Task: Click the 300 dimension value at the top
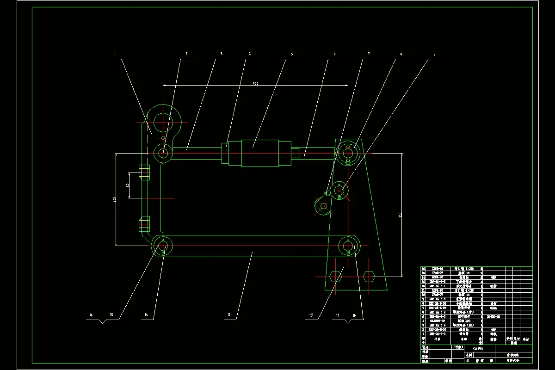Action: (255, 84)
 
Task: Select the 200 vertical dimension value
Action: (113, 199)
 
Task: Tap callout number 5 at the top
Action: (292, 54)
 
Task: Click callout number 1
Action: (115, 54)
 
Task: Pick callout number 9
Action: (434, 54)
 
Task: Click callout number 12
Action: (311, 315)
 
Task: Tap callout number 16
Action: (91, 315)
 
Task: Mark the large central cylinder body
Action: (260, 153)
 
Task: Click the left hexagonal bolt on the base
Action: (335, 277)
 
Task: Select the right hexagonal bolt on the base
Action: (369, 277)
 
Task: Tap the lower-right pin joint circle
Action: (348, 245)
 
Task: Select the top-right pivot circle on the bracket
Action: (348, 152)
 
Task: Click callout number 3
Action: (221, 54)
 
